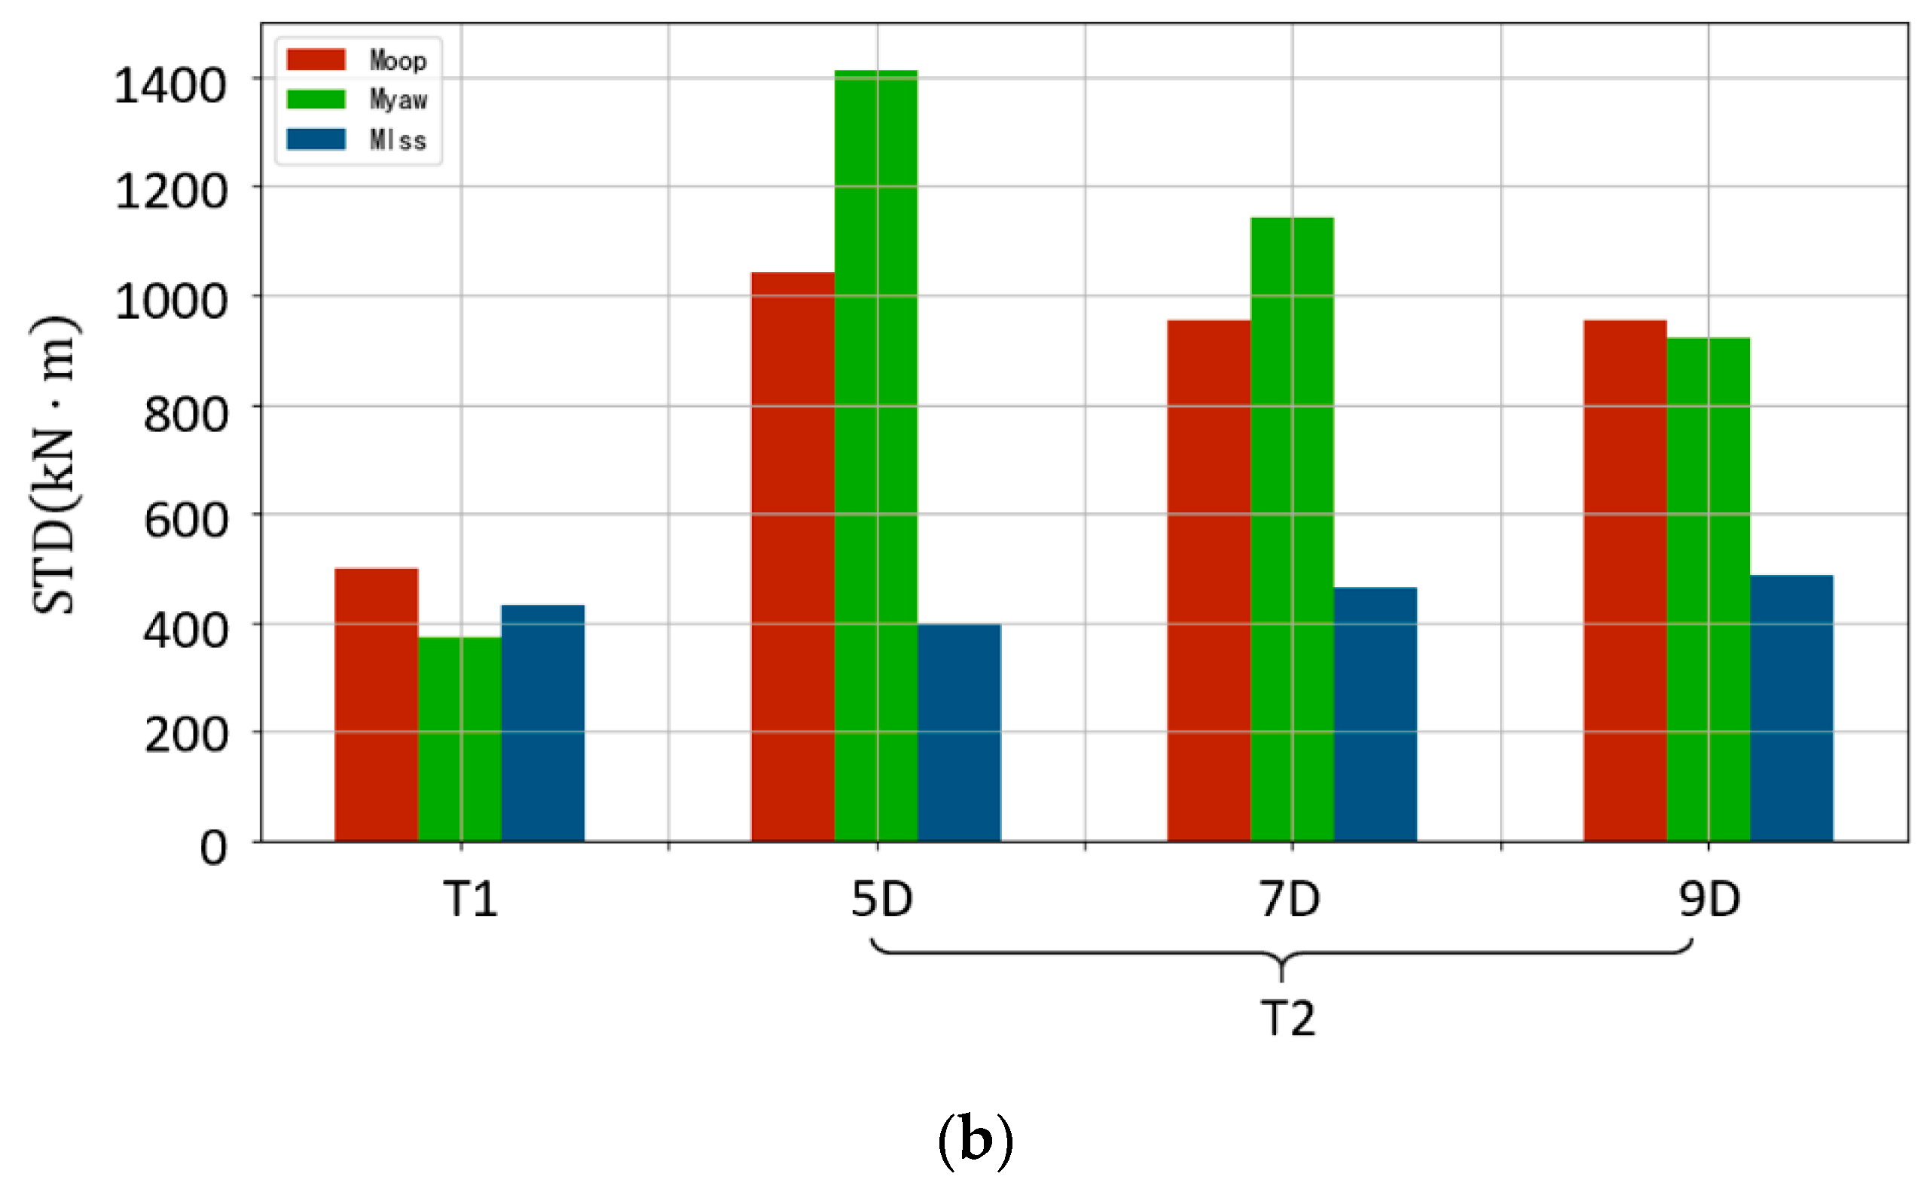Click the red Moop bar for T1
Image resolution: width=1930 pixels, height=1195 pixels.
click(376, 704)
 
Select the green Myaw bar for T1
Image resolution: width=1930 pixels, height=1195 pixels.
click(460, 739)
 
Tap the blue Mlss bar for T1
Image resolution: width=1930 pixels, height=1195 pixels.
click(542, 723)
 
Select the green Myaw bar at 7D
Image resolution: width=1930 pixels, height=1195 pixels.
click(1292, 530)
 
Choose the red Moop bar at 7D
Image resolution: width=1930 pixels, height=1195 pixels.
click(1209, 581)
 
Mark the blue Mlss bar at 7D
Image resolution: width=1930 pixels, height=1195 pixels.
click(1376, 714)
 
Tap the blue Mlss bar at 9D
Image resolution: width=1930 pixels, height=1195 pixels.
click(1791, 708)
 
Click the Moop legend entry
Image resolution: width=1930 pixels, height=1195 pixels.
click(358, 60)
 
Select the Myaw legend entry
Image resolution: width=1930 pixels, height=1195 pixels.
click(358, 99)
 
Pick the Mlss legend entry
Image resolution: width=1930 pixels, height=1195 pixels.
click(358, 140)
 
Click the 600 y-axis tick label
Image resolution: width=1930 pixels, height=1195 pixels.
click(185, 521)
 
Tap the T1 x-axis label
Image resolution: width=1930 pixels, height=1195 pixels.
click(471, 900)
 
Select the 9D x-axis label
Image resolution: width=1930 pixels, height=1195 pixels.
click(1709, 900)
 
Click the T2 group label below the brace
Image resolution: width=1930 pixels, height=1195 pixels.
click(1287, 1018)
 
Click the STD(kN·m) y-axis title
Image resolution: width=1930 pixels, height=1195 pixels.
click(55, 466)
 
